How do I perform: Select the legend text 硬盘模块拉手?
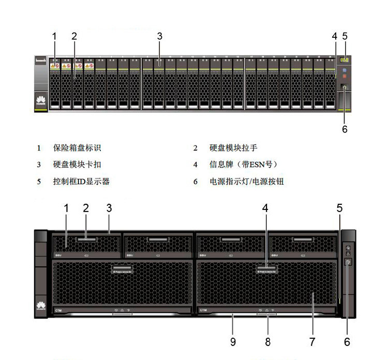(233, 148)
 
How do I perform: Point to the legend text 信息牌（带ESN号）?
(244, 165)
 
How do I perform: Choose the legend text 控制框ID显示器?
(81, 182)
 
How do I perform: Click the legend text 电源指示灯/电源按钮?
(247, 182)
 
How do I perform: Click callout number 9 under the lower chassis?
(232, 342)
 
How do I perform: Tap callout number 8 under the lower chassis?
(268, 342)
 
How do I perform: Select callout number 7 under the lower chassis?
(312, 342)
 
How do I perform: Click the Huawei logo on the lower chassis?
(40, 306)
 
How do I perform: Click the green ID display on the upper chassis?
(345, 60)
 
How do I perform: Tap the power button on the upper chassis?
(345, 89)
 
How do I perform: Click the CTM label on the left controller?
(58, 310)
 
